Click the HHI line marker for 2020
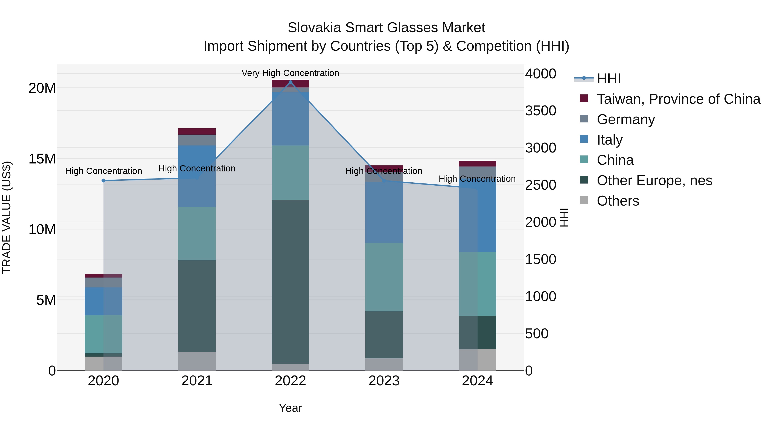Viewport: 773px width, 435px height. point(103,180)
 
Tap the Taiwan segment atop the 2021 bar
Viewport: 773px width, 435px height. point(197,131)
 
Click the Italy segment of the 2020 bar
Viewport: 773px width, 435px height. point(103,301)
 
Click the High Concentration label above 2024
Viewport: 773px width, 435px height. point(477,179)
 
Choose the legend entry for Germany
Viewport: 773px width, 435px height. point(626,119)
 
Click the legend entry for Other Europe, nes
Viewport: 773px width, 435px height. point(654,180)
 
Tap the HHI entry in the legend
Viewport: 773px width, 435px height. point(608,79)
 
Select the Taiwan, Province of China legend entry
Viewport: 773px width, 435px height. point(678,99)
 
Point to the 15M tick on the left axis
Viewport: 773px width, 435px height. point(42,159)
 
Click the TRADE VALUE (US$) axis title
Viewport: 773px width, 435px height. point(7,217)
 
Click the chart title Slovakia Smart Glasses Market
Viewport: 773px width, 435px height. point(386,28)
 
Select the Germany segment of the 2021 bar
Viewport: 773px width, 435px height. point(197,140)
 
